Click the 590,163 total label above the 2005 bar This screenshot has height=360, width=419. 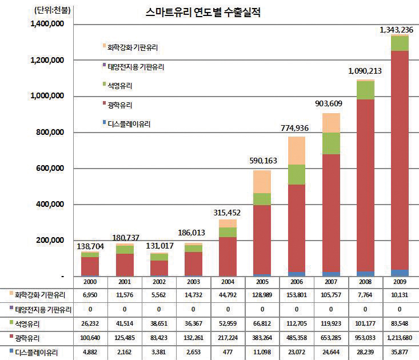(261, 161)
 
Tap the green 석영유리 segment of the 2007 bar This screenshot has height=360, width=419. (331, 143)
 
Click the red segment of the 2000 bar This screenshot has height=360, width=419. (90, 266)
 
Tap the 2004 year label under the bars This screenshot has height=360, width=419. (228, 282)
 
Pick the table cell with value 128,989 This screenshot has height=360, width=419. (262, 295)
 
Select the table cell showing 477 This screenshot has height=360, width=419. (228, 353)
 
